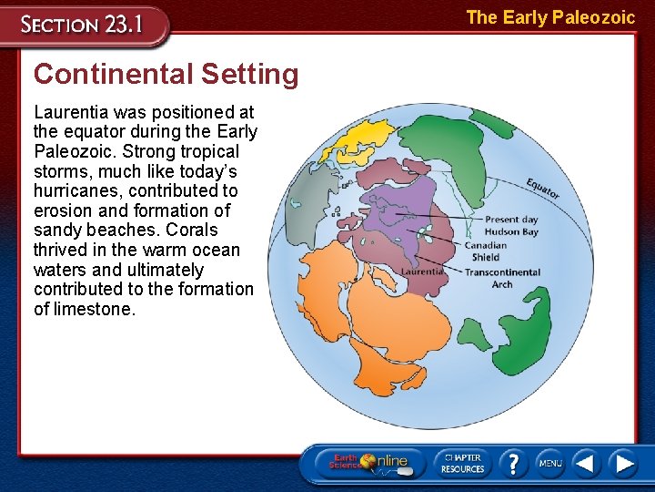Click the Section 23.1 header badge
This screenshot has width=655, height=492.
coord(84,25)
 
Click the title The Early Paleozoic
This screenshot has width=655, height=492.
coord(550,17)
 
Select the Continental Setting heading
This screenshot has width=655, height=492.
coord(166,74)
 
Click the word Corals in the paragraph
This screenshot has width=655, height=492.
coord(192,231)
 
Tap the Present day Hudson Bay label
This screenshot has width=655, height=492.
coord(511,226)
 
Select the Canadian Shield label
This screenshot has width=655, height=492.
coord(486,251)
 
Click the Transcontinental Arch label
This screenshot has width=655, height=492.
coord(502,278)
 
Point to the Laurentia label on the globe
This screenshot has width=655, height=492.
coord(422,272)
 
